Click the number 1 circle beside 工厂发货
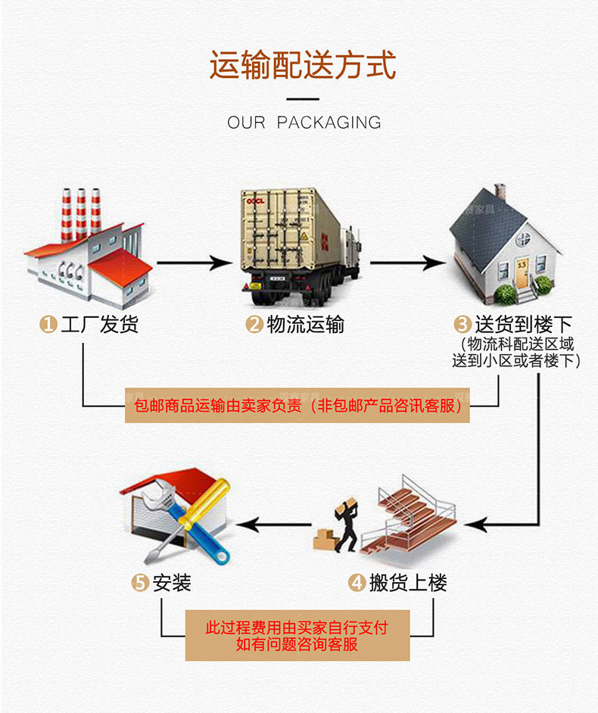pyautogui.click(x=48, y=325)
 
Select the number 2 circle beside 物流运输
pyautogui.click(x=254, y=325)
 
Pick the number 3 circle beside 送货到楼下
pyautogui.click(x=462, y=325)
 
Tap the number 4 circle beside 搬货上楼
pyautogui.click(x=357, y=583)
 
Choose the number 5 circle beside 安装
pyautogui.click(x=140, y=583)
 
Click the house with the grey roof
pyautogui.click(x=503, y=242)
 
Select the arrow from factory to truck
pyautogui.click(x=193, y=263)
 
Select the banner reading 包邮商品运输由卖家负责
pyautogui.click(x=297, y=406)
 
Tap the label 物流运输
pyautogui.click(x=305, y=325)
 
